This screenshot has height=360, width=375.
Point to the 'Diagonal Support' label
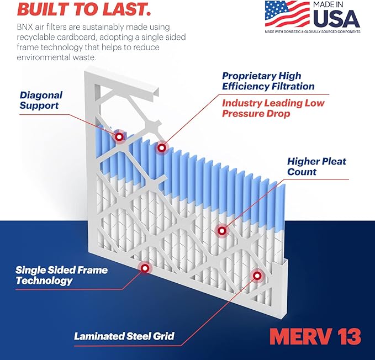point(41,100)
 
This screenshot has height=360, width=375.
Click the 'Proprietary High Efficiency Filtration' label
point(268,81)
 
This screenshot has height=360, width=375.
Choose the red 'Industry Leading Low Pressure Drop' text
point(273,108)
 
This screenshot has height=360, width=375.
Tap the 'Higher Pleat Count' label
point(316,166)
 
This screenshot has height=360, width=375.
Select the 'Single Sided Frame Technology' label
point(61,275)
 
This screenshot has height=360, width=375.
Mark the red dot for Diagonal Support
point(119,135)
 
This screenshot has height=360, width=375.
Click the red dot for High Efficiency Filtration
point(161,147)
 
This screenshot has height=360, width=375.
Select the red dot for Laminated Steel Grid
point(257,276)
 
